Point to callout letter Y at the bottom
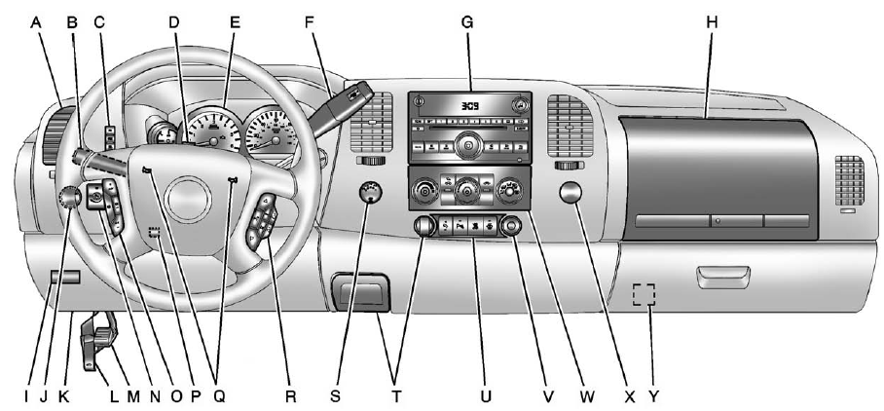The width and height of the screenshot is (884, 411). (x=653, y=396)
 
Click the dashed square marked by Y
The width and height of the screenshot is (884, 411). (x=643, y=295)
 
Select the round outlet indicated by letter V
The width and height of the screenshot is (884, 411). (x=509, y=229)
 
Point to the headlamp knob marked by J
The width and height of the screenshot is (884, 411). (x=69, y=199)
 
